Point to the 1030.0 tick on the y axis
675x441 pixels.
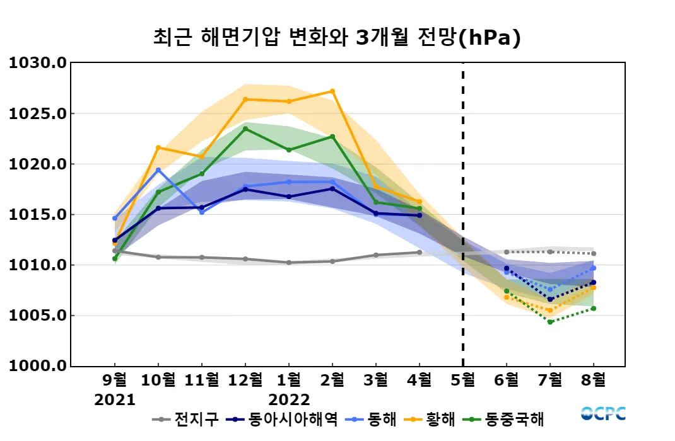[37, 63]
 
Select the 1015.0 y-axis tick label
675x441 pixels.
[37, 215]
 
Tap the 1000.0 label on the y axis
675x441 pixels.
[37, 366]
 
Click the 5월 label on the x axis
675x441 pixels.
[463, 380]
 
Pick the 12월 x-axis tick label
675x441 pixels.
[245, 380]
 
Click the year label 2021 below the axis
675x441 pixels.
[115, 400]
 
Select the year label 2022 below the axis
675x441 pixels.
[289, 400]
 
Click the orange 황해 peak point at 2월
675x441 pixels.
[332, 91]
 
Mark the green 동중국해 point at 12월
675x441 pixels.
[245, 129]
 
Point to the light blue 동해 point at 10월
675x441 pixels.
[158, 170]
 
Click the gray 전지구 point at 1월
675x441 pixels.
[289, 263]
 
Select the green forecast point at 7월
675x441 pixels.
[550, 322]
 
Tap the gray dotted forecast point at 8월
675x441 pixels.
[594, 254]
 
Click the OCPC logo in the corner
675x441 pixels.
[603, 413]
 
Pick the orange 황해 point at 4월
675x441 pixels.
[420, 202]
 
